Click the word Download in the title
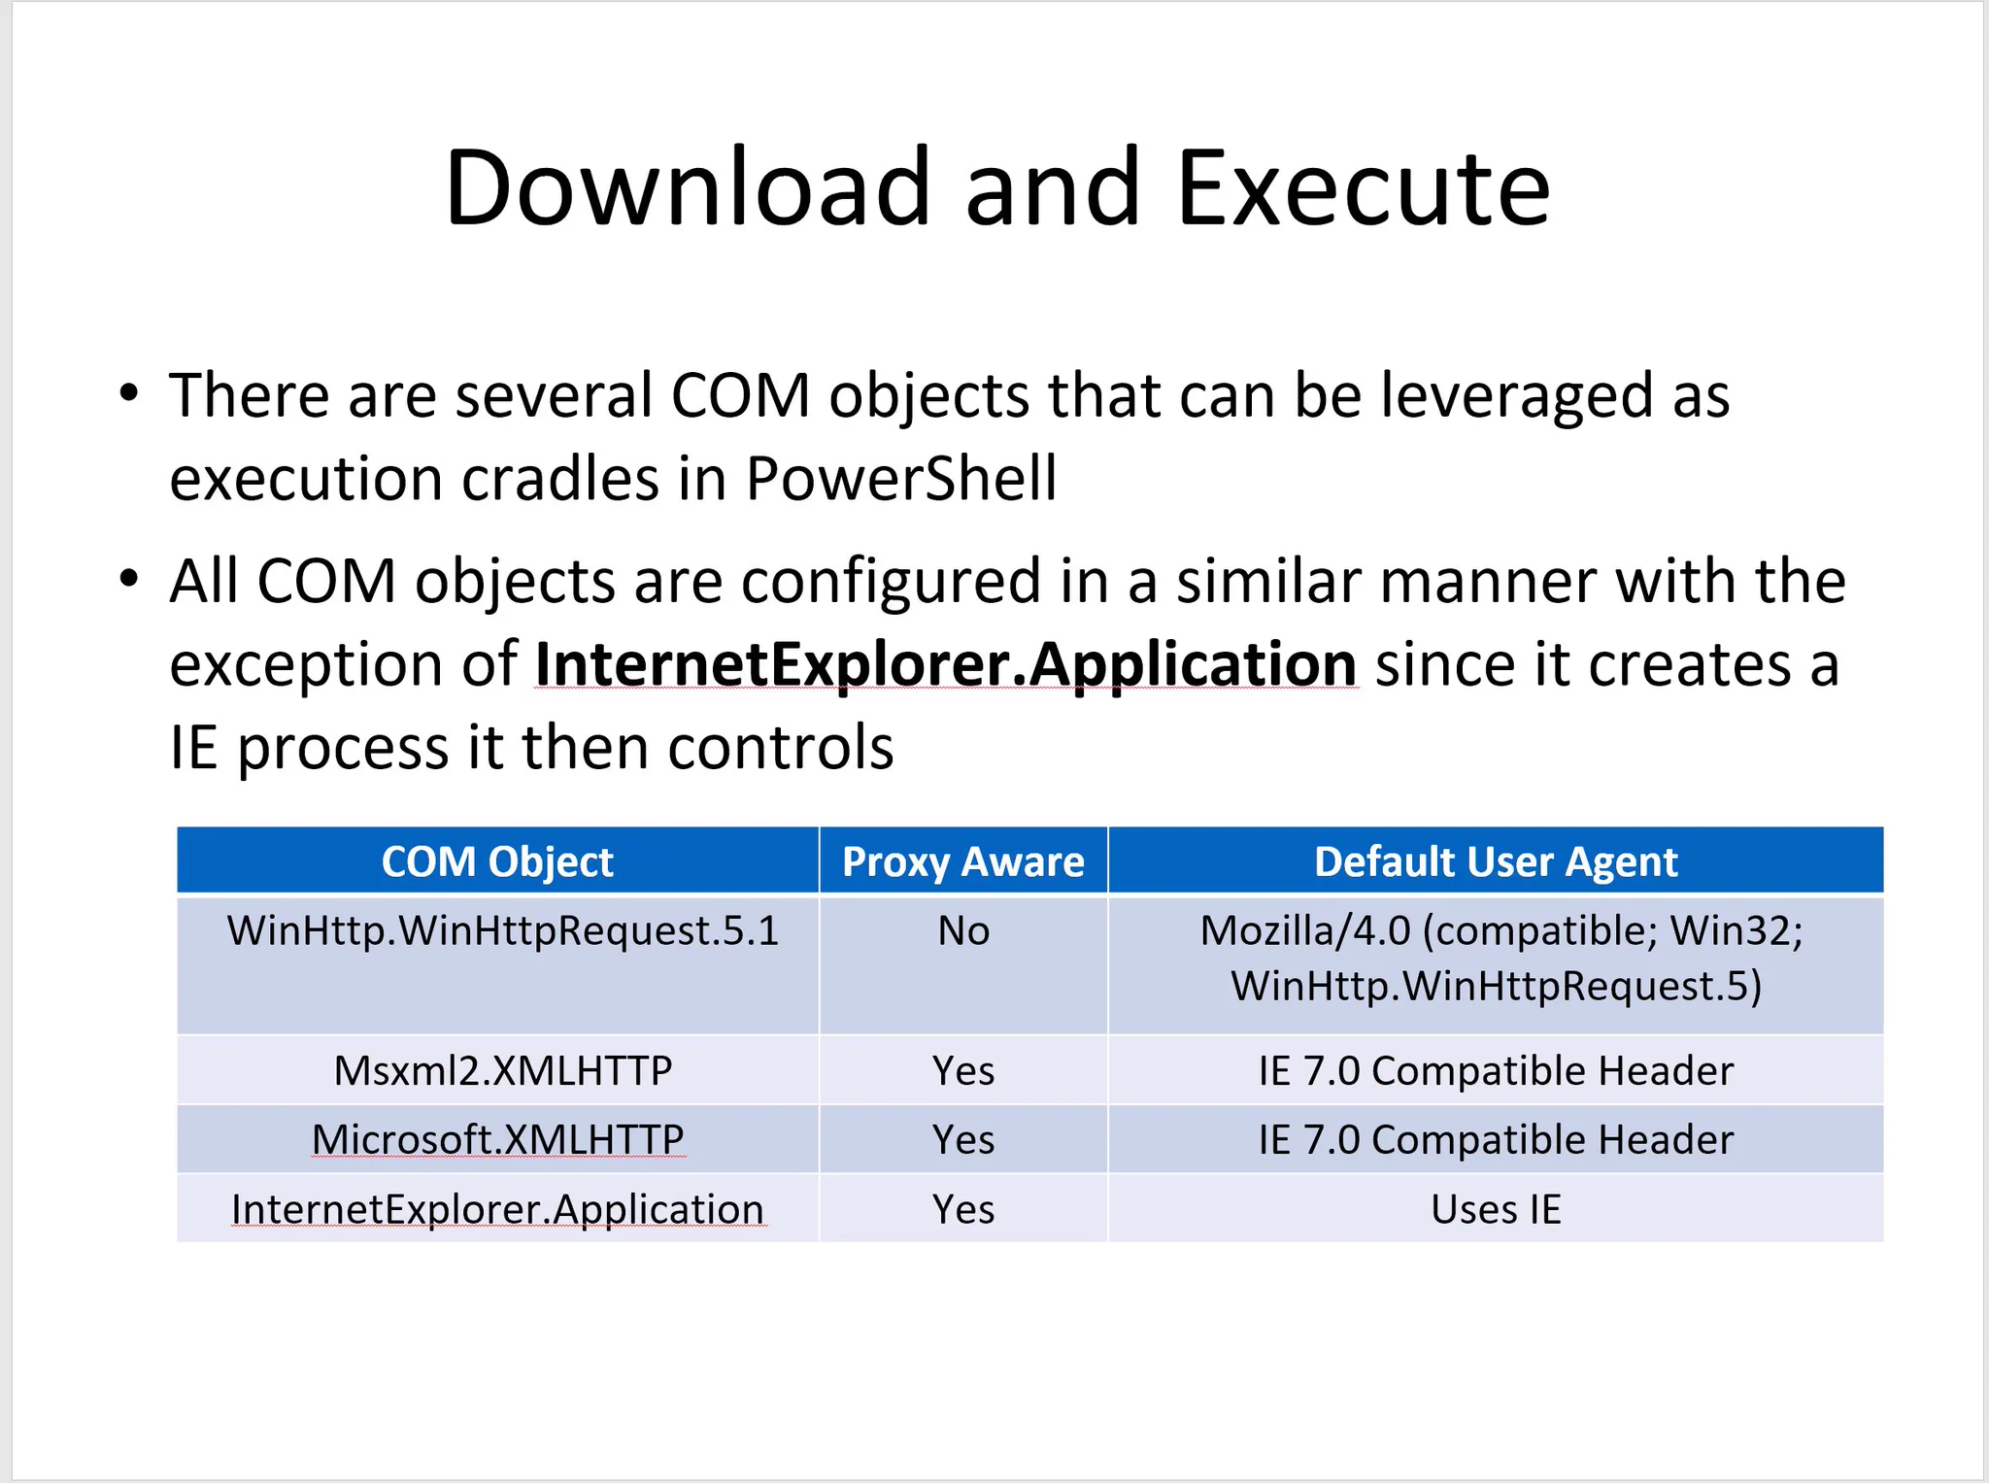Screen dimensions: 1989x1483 (x=689, y=186)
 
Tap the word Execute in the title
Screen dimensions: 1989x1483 (x=1364, y=186)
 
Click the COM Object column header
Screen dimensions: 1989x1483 (x=497, y=861)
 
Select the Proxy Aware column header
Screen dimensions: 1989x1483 (x=963, y=861)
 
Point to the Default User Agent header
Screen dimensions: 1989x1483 (x=1496, y=861)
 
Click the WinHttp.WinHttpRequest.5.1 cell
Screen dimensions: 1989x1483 (x=503, y=930)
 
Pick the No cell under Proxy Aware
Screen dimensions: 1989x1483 (x=963, y=930)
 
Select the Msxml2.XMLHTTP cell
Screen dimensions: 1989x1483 (x=503, y=1070)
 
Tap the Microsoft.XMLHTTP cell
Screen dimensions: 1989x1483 (x=498, y=1139)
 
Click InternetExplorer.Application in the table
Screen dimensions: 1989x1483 (x=498, y=1209)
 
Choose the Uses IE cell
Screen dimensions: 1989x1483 (x=1496, y=1209)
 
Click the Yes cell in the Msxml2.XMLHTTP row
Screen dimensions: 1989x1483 (x=963, y=1070)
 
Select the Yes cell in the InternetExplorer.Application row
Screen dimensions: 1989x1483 (x=963, y=1209)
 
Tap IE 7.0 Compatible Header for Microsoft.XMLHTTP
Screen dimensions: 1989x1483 (x=1496, y=1139)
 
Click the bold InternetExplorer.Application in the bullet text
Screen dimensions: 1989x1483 (x=946, y=665)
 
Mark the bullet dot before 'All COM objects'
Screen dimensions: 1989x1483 (x=129, y=579)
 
